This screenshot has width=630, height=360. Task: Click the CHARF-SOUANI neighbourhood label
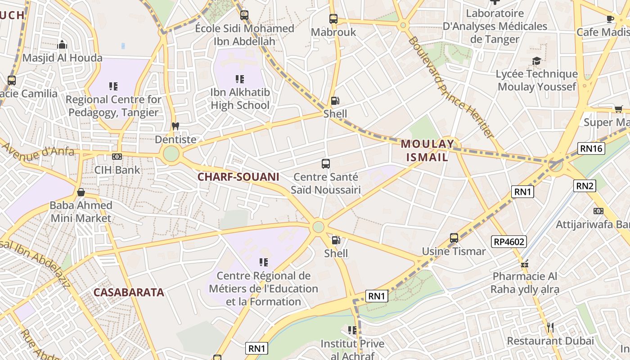[238, 177]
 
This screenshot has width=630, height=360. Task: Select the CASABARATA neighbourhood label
[129, 292]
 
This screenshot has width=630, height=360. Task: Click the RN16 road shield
[591, 148]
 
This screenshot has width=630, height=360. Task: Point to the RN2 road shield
[585, 185]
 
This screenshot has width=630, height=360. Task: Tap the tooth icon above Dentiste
[175, 126]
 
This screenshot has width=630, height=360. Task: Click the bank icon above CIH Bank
[117, 157]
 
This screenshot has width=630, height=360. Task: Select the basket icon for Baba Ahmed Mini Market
[81, 192]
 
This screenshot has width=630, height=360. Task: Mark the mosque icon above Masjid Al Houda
[63, 44]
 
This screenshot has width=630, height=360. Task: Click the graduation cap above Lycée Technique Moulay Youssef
[536, 61]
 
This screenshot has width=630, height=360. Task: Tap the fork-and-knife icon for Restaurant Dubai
[550, 327]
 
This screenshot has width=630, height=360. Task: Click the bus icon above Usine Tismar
[454, 238]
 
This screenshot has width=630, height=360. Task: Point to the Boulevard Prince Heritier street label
[451, 87]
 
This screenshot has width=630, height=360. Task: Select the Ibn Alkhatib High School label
[240, 99]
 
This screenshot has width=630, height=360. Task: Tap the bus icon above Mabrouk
[333, 19]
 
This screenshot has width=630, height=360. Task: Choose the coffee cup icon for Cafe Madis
[610, 18]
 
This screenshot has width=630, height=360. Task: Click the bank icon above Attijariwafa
[598, 211]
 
